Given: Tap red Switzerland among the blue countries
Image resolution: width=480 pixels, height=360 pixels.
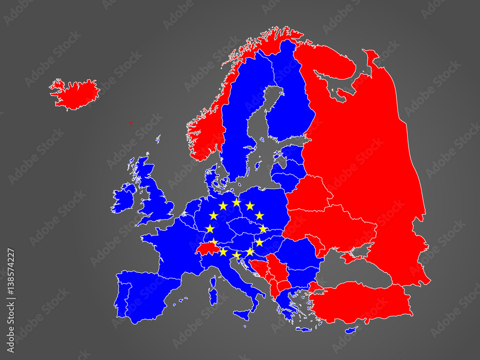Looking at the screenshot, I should pos(206,249).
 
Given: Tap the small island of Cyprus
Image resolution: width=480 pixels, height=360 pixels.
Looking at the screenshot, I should pos(352,330).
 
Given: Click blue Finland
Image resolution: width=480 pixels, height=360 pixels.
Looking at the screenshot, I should pos(288,106).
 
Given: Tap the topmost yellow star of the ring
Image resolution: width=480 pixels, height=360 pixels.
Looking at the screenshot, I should pos(236,202).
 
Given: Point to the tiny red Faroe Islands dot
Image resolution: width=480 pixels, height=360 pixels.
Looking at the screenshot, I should pos(130,122).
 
